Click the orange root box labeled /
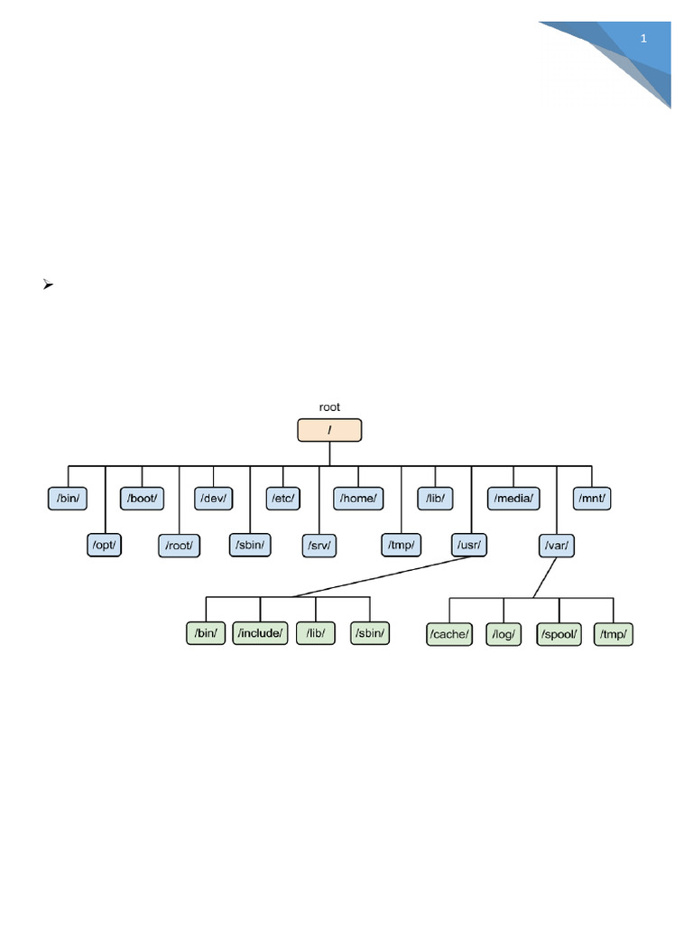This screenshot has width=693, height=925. pos(329,430)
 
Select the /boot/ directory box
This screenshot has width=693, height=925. pos(142,498)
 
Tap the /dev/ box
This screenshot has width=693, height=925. pos(214,498)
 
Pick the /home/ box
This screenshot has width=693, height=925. pos(359,498)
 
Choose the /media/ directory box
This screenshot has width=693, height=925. pos(514,498)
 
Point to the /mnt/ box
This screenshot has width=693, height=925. pos(593,498)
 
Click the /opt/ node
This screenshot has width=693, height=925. pos(104,545)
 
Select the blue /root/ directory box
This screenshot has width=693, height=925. pos(180,545)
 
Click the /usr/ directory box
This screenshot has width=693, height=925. pos(469,545)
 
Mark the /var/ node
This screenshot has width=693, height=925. pos(557,545)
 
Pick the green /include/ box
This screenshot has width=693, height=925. pos(261,633)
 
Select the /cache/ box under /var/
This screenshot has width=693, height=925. pos(448,634)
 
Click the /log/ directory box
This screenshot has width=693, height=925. pos(504,634)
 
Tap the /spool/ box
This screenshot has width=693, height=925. pos(559,634)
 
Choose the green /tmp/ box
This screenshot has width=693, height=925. pos(614,634)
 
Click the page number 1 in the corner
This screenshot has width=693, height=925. pos(644,39)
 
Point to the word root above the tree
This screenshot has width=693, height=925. pos(329,407)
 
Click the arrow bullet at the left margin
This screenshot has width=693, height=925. pos(48,285)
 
